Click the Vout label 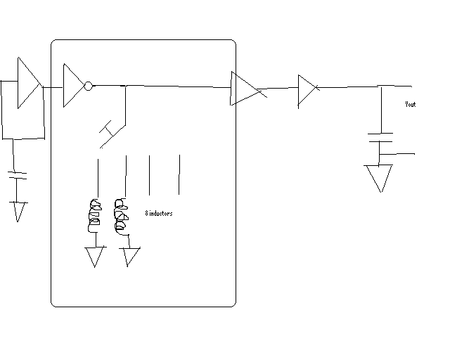coord(411,104)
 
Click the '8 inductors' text coord(158,213)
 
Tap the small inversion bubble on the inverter coord(88,86)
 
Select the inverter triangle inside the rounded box coord(72,86)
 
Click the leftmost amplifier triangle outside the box coord(27,83)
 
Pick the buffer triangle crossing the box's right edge coord(245,89)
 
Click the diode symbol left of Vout coord(307,89)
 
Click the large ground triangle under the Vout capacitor coord(379,176)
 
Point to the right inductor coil coord(121,217)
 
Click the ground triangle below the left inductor coord(95,257)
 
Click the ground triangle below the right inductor coord(130,257)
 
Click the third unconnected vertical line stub coord(149,174)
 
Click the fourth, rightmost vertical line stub coord(179,174)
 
